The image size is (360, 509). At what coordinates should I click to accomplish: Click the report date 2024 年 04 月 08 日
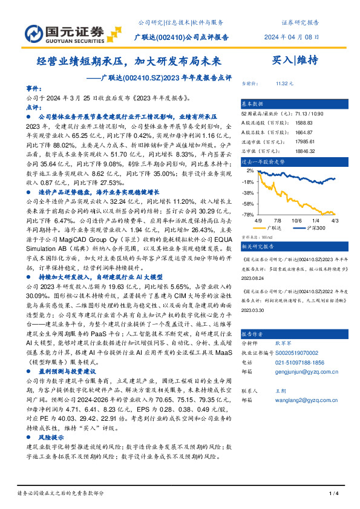tap(292, 37)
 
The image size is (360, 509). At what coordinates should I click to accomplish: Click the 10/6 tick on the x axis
tap(296, 222)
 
